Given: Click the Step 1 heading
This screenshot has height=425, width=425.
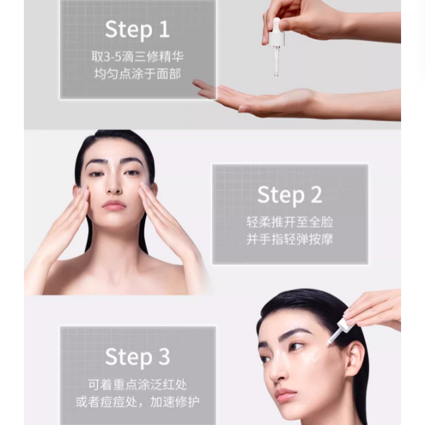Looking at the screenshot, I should tap(137, 30).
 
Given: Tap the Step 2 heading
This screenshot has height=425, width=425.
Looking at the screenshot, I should tap(290, 195).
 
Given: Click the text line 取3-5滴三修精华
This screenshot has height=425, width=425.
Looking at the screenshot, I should tap(137, 56).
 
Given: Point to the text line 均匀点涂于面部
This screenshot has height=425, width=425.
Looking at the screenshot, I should tap(137, 73).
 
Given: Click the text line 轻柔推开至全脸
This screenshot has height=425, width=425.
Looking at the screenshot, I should tap(290, 222).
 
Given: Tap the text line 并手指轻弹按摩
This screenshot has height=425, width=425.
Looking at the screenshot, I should tap(290, 239).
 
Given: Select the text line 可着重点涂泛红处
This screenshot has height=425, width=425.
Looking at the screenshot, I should tap(137, 384).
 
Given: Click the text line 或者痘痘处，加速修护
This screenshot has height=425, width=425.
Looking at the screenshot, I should tap(137, 402).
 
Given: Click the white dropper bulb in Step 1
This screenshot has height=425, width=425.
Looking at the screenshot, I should tap(277, 31).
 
